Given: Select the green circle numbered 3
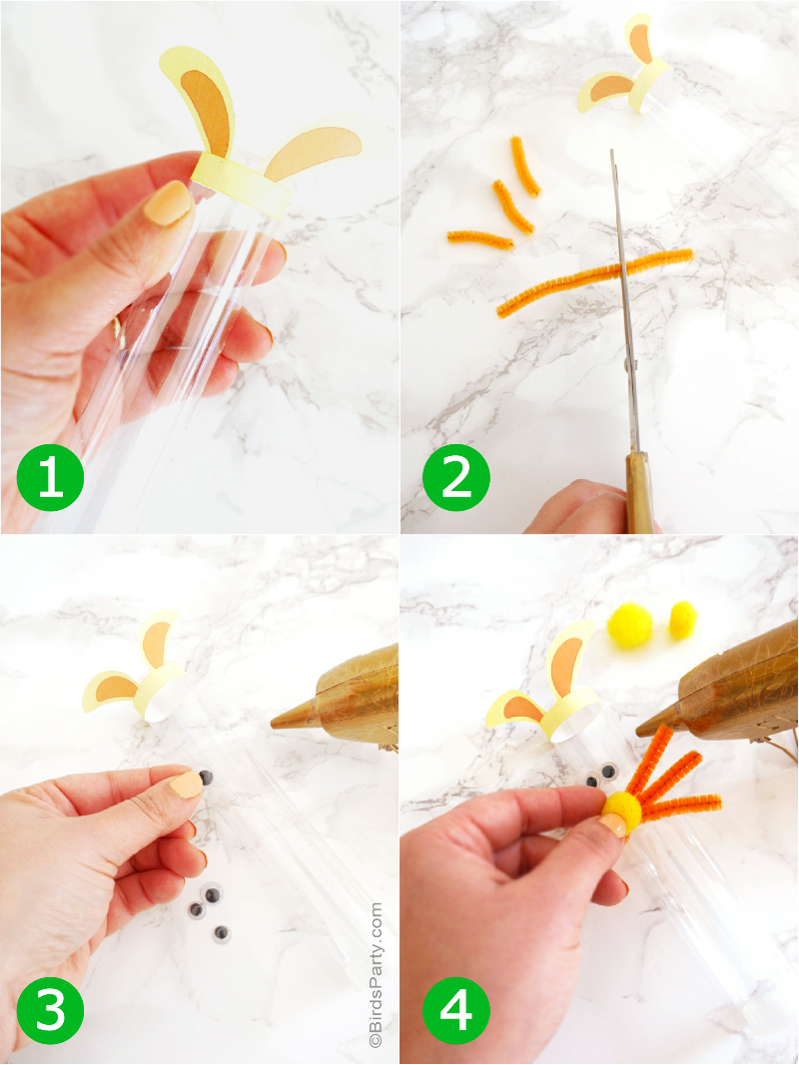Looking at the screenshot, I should (x=50, y=1009).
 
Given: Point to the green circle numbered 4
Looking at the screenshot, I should (x=455, y=1009).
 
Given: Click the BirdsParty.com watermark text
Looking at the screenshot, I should (x=376, y=973).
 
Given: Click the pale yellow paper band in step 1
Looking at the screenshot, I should (x=241, y=183).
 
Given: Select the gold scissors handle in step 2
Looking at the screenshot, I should (x=639, y=491).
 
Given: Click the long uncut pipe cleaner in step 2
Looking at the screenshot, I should (x=593, y=282).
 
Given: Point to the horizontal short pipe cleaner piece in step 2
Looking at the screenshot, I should (x=479, y=239).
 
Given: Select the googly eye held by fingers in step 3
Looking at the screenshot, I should (x=207, y=778).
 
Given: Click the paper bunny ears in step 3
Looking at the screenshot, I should (x=137, y=673).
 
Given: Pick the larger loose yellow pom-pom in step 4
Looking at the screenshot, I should (x=629, y=626).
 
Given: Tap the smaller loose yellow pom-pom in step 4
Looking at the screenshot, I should (x=683, y=620).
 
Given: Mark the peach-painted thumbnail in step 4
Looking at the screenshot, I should (x=612, y=824).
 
